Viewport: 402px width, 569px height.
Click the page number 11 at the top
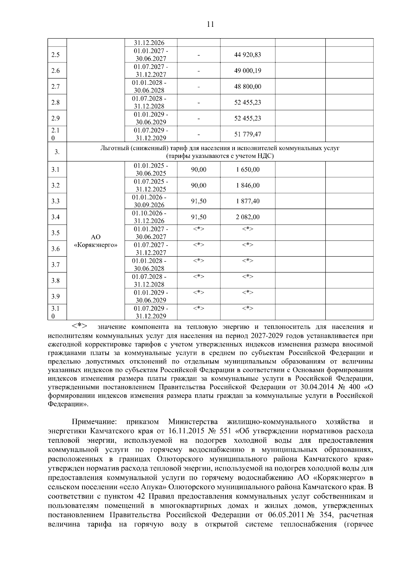[x=210, y=24]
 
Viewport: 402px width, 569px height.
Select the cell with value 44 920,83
[x=248, y=55]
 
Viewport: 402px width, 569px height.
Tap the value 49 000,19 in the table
[x=248, y=71]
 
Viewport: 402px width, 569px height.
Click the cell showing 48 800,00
[x=248, y=86]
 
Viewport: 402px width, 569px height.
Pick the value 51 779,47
[x=248, y=134]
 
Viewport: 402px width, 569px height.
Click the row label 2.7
[x=56, y=87]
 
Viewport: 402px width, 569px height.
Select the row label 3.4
[x=56, y=217]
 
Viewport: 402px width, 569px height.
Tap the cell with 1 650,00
[x=248, y=170]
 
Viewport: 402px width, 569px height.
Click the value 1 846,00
[x=248, y=186]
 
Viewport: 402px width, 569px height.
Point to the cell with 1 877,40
[x=248, y=201]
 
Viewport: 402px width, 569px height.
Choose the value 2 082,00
[x=248, y=217]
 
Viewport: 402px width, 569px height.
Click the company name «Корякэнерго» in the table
[x=96, y=245]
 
